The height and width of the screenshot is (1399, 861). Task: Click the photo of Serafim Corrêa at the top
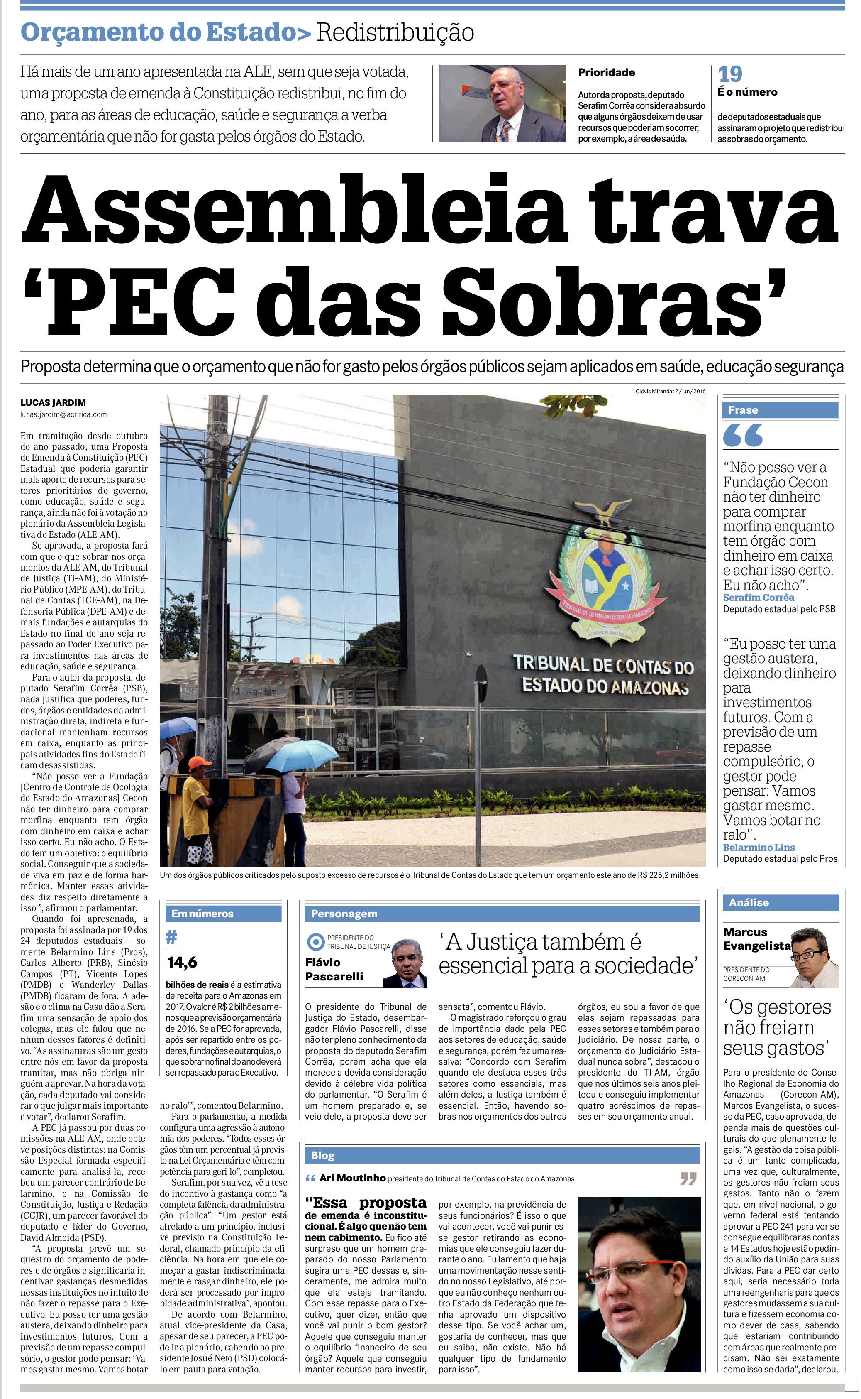point(502,104)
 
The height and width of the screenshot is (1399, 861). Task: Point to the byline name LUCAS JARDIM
point(53,402)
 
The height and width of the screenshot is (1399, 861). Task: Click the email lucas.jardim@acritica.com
point(63,414)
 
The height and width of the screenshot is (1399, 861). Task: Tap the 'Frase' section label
point(743,410)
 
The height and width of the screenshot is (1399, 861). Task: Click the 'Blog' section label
point(322,1155)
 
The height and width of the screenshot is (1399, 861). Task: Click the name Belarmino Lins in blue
point(759,848)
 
